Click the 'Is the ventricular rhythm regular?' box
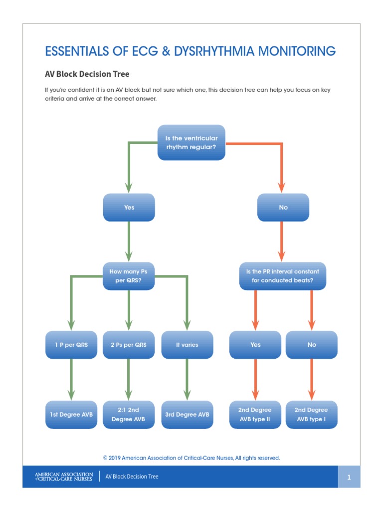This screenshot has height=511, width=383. pyautogui.click(x=191, y=142)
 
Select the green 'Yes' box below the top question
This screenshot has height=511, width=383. pyautogui.click(x=129, y=207)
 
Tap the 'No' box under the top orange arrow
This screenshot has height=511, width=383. pyautogui.click(x=283, y=207)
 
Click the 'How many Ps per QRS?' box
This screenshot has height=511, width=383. pyautogui.click(x=129, y=276)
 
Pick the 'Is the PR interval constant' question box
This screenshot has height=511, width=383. pyautogui.click(x=283, y=276)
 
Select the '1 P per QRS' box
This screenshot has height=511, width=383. pyautogui.click(x=71, y=344)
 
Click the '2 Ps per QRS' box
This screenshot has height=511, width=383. pyautogui.click(x=129, y=344)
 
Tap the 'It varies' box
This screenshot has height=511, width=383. pyautogui.click(x=187, y=344)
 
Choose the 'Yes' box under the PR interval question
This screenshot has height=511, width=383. pyautogui.click(x=255, y=344)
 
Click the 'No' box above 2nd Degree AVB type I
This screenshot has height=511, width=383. pyautogui.click(x=312, y=344)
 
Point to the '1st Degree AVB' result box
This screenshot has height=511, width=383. pyautogui.click(x=71, y=414)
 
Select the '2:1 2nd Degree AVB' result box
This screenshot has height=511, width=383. pyautogui.click(x=129, y=414)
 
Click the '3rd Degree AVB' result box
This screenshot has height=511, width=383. pyautogui.click(x=187, y=414)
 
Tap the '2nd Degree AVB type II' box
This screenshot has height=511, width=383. pyautogui.click(x=255, y=414)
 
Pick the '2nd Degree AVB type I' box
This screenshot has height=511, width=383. pyautogui.click(x=312, y=414)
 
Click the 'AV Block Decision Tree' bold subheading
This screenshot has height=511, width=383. pyautogui.click(x=87, y=74)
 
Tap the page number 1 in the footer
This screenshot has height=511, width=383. pyautogui.click(x=350, y=477)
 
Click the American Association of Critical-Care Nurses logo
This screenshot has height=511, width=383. pyautogui.click(x=63, y=477)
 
